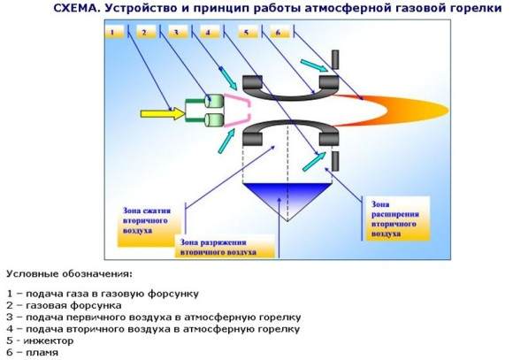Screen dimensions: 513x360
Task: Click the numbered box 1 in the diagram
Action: [x=114, y=32]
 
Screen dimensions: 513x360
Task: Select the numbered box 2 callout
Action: [x=146, y=32]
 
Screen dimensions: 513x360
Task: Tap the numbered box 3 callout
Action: [x=178, y=32]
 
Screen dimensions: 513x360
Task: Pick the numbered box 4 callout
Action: [x=210, y=32]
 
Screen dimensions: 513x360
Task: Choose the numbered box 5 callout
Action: [x=248, y=32]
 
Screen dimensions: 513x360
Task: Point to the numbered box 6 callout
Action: [x=279, y=32]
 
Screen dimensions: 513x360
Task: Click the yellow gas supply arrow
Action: [x=163, y=113]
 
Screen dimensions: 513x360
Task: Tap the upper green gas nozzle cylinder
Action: [x=214, y=101]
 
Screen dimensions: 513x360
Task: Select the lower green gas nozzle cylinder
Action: [x=214, y=120]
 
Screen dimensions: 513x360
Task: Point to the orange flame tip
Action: [x=448, y=111]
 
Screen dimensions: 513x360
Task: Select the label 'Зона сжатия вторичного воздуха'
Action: [x=147, y=220]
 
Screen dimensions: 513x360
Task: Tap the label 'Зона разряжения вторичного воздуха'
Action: [x=218, y=248]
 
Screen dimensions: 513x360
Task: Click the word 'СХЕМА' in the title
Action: [x=76, y=8]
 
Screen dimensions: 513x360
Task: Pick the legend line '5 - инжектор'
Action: [x=40, y=341]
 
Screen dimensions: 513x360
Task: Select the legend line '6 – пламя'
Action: [x=33, y=352]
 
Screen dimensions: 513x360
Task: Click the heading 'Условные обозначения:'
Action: [x=70, y=273]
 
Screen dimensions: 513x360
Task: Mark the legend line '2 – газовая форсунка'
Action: [x=64, y=306]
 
